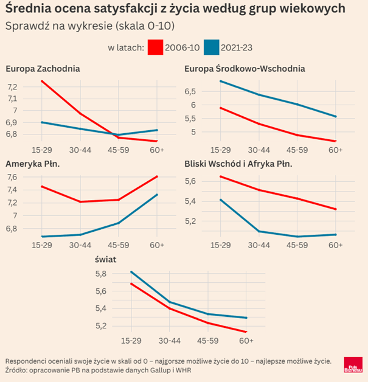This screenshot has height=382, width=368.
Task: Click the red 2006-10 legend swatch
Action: coord(156,47)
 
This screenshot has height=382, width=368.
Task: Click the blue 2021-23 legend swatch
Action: coord(210,47)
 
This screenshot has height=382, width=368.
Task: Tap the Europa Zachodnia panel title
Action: coord(43,68)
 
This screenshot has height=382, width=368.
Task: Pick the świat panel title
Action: coord(106,260)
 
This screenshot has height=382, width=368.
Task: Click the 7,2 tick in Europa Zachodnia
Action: coord(12,87)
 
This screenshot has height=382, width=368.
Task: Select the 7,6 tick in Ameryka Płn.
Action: coord(12,177)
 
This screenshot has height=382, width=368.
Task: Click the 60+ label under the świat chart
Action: coord(246,341)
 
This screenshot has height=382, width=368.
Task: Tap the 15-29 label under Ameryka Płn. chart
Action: coord(41,245)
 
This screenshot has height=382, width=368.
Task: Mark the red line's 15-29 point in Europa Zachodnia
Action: coord(41,81)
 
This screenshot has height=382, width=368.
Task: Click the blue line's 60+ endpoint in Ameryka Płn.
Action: coord(158,195)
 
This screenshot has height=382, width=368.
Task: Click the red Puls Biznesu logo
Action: coord(352,365)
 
